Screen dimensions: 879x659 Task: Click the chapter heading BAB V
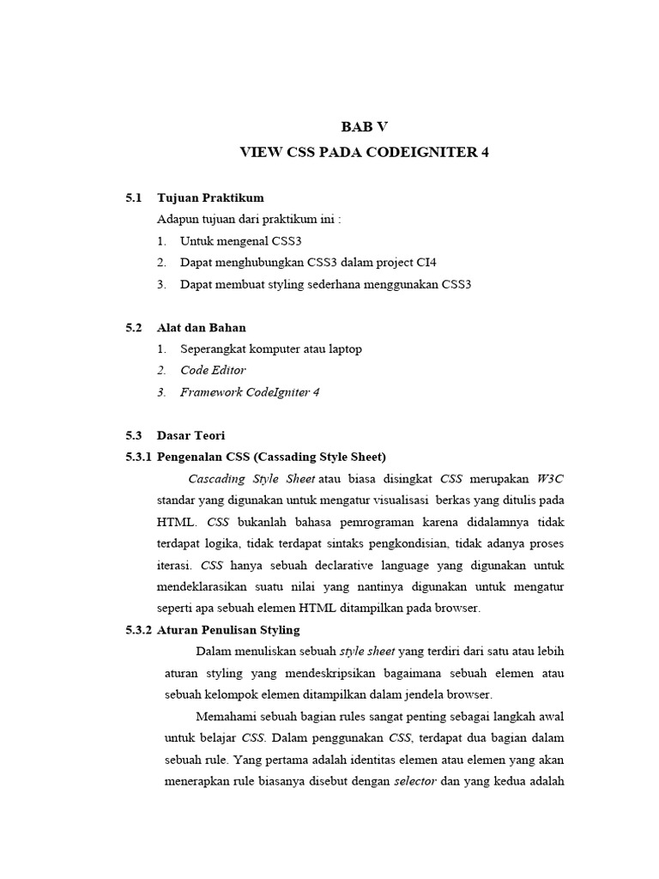[365, 126]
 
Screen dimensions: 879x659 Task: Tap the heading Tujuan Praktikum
[210, 197]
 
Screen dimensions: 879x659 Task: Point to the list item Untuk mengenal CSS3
[241, 241]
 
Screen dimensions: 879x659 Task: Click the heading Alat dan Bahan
[202, 327]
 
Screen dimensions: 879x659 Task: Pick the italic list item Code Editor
[213, 370]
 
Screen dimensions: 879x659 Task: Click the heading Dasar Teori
[190, 435]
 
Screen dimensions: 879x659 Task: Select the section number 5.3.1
[138, 457]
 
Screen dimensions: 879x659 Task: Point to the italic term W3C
[550, 478]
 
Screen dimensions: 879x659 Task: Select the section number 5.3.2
[138, 630]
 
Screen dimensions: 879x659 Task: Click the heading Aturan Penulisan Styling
[228, 630]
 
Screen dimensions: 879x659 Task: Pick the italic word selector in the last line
[414, 781]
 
